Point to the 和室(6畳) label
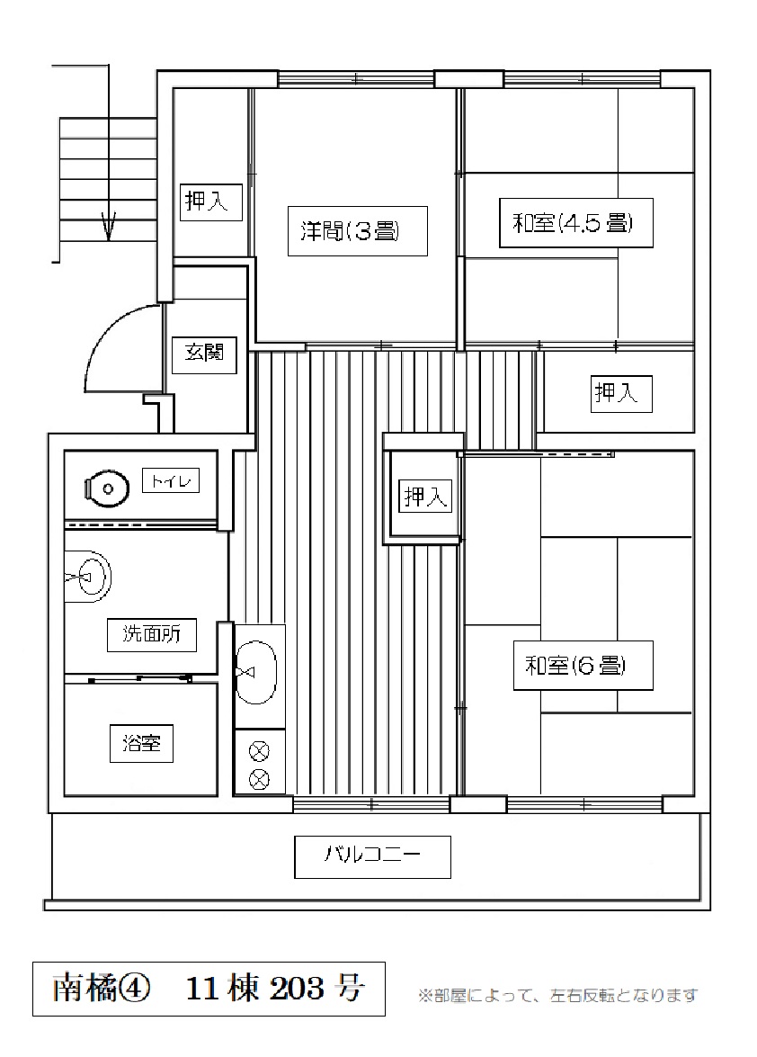[x=575, y=667]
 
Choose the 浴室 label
[x=141, y=744]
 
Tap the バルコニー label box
[x=372, y=855]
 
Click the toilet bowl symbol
[x=104, y=489]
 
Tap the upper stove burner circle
[x=259, y=749]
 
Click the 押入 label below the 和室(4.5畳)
[x=620, y=393]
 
